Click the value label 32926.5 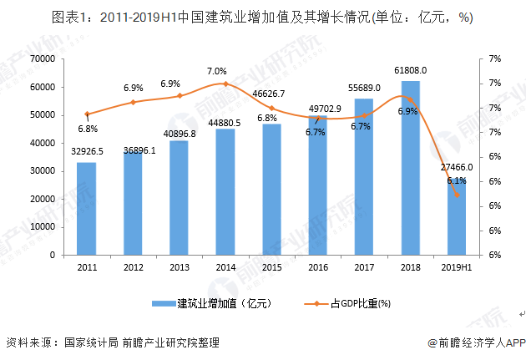pyautogui.click(x=86, y=152)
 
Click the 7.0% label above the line pyautogui.click(x=217, y=71)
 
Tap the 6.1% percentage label pyautogui.click(x=456, y=180)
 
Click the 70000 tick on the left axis pyautogui.click(x=42, y=58)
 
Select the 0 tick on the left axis pyautogui.click(x=52, y=255)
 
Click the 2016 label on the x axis pyautogui.click(x=317, y=267)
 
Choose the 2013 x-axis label pyautogui.click(x=179, y=267)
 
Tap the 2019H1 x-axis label pyautogui.click(x=457, y=267)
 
